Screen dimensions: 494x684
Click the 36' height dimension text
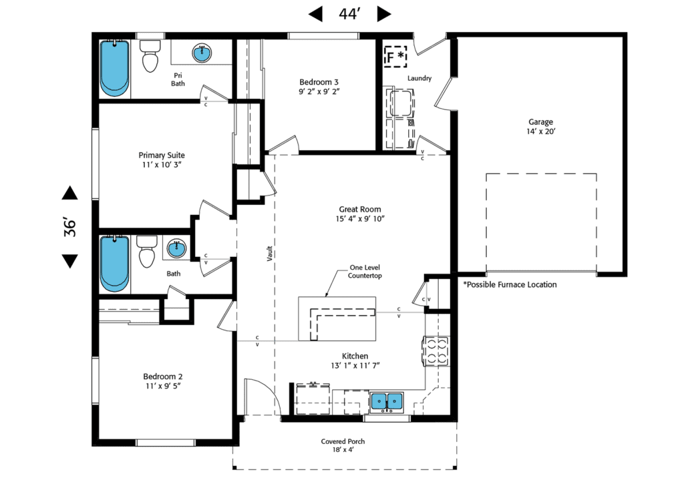(69, 228)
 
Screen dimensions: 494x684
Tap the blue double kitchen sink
(387, 401)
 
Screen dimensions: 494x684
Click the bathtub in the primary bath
(114, 67)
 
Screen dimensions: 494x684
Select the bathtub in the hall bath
(114, 264)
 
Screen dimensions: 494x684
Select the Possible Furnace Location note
(510, 284)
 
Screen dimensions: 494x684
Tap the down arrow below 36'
(69, 260)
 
